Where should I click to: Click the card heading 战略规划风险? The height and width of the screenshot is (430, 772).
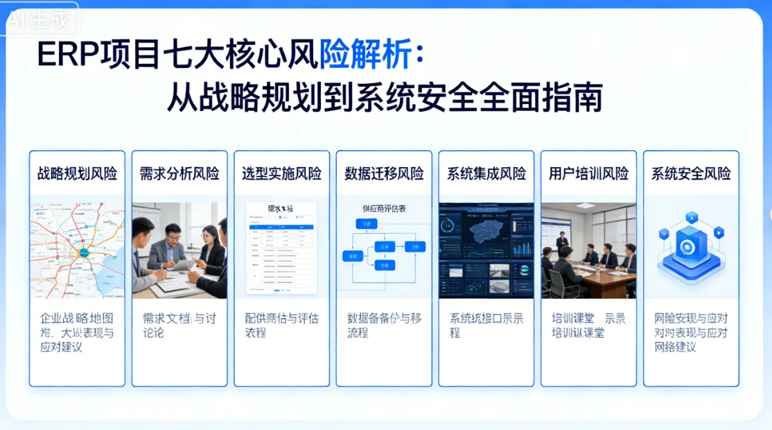[x=77, y=173]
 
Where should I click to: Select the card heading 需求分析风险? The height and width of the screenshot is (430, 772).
[x=179, y=173]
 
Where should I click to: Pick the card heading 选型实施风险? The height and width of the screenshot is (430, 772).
[x=281, y=173]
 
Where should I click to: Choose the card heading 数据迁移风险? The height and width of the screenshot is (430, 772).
[x=384, y=173]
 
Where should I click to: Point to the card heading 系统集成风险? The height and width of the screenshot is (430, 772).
[x=486, y=173]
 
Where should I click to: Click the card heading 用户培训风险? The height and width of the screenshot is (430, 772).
[x=588, y=173]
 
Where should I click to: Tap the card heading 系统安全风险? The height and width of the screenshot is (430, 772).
[x=691, y=173]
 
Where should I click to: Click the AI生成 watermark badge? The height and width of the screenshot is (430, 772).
[x=39, y=19]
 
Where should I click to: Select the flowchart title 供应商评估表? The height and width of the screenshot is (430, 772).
[x=384, y=208]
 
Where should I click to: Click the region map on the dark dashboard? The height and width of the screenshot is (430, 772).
[x=487, y=232]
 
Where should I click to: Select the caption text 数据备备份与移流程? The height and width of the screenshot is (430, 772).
[x=384, y=325]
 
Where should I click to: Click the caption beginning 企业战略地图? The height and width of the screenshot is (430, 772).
[x=77, y=332]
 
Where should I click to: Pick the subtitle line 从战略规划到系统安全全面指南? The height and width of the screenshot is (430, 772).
[x=384, y=98]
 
